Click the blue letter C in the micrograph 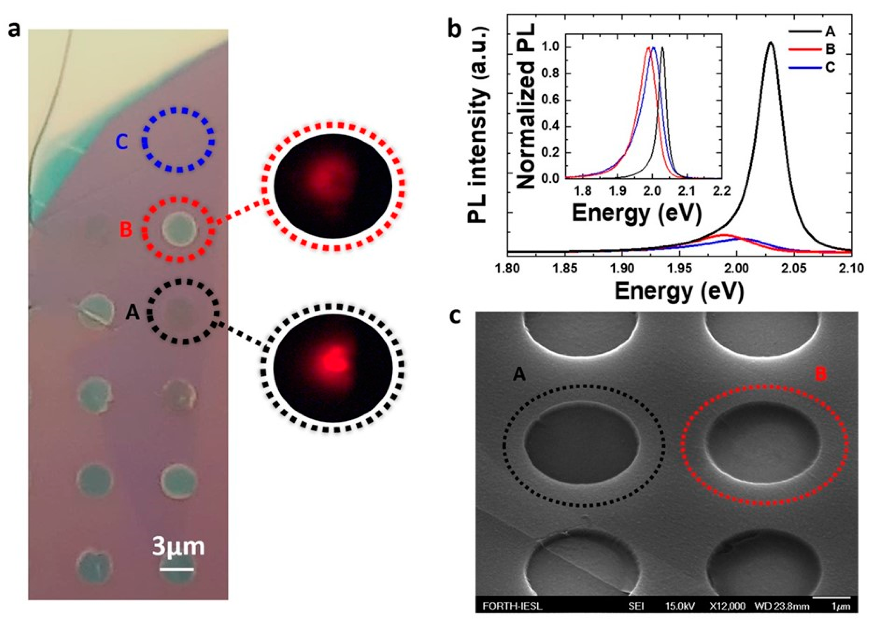122,143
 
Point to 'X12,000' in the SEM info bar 727,606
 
